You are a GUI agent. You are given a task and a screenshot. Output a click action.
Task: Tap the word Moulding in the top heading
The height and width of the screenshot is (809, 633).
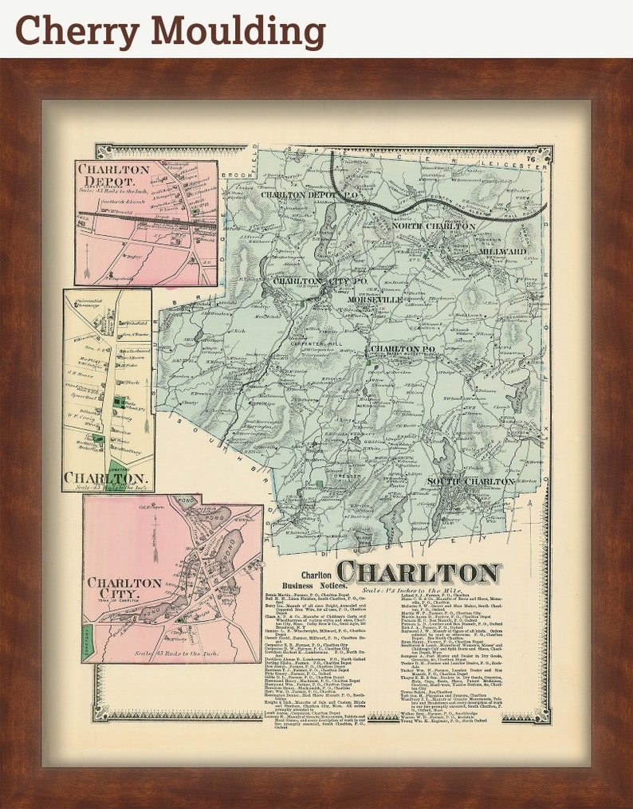click(236, 31)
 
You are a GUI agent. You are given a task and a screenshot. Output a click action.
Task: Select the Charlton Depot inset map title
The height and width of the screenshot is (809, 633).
click(113, 176)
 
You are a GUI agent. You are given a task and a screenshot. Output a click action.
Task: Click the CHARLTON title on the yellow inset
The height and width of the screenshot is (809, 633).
click(104, 478)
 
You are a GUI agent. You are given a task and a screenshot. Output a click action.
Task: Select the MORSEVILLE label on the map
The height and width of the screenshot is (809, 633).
click(375, 299)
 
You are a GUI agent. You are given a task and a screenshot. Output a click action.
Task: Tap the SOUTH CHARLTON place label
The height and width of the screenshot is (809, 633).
click(470, 481)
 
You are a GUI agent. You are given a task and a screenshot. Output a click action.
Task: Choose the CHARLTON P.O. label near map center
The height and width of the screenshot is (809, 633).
click(406, 349)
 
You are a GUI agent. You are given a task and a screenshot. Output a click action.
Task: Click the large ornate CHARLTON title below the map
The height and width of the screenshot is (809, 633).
click(419, 572)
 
